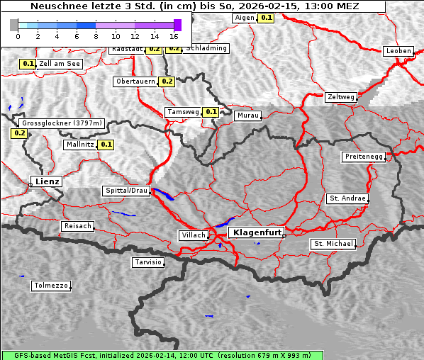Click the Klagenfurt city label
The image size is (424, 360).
(258, 232)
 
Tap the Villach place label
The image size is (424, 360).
(193, 235)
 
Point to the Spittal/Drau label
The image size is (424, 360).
(126, 191)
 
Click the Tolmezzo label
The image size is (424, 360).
(51, 286)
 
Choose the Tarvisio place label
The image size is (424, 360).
(148, 262)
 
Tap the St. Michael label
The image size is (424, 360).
(333, 244)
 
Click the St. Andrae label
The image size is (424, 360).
(347, 198)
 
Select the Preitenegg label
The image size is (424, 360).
(364, 157)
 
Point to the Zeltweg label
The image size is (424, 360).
(341, 97)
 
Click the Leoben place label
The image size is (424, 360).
(398, 51)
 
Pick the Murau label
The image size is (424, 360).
(248, 115)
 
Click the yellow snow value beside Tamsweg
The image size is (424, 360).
(211, 112)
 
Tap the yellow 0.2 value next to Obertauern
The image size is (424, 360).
(167, 81)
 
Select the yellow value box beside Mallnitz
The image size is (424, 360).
(106, 145)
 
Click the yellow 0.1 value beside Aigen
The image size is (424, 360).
(266, 17)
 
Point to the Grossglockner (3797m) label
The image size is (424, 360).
(62, 123)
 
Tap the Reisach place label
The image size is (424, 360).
(78, 226)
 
